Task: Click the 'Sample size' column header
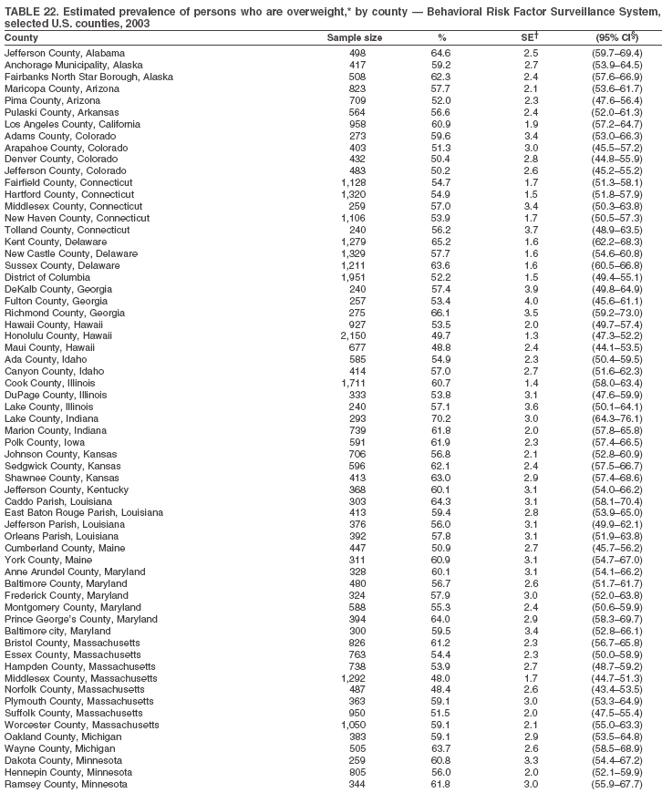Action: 354,37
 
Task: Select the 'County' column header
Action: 21,37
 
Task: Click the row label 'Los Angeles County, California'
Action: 72,124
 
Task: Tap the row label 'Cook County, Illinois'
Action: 51,383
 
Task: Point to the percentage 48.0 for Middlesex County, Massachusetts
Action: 441,677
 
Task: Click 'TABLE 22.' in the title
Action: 32,10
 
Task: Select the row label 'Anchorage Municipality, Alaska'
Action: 73,65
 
